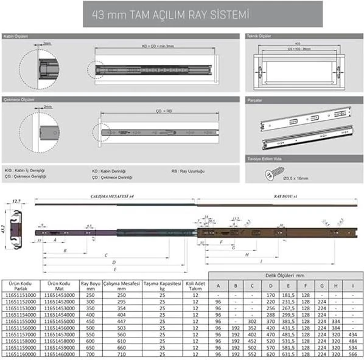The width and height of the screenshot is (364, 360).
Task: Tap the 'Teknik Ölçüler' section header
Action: [258, 36]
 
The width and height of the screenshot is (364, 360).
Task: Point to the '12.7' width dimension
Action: [16, 201]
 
